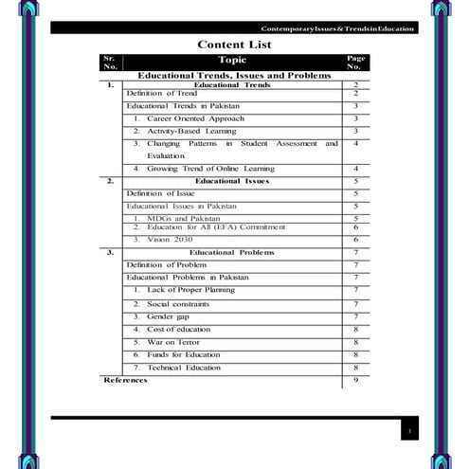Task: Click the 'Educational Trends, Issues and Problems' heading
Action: point(234,75)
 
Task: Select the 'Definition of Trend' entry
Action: point(162,94)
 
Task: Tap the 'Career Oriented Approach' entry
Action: point(195,118)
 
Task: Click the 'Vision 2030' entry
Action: point(170,240)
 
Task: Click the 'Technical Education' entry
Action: point(184,367)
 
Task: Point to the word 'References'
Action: point(125,380)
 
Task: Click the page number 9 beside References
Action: point(354,380)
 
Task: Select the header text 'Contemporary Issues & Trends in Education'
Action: point(338,28)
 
